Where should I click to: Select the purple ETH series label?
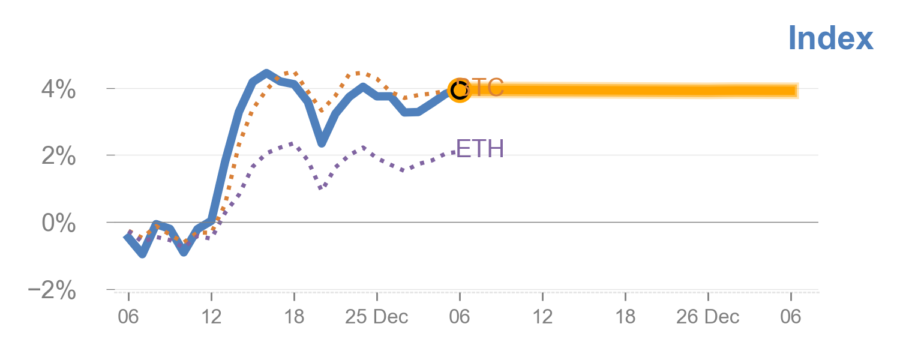pos(480,148)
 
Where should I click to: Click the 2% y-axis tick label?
pos(58,157)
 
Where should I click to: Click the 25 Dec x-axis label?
pos(376,317)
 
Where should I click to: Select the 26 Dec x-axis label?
pos(708,317)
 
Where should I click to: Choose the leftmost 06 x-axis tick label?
pos(128,317)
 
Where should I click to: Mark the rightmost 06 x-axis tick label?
pos(790,317)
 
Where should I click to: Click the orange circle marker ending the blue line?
pos(459,90)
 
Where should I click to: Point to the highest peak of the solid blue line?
pos(266,73)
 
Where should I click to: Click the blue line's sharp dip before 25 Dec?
pos(322,143)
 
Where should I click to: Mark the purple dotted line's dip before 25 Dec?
pos(322,188)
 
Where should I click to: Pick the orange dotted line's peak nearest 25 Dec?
pos(358,73)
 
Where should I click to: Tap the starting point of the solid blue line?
pos(127,236)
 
